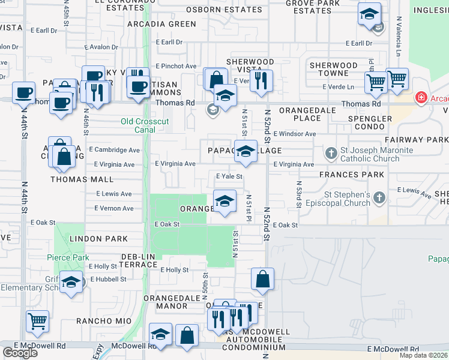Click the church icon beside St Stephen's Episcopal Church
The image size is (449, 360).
point(379,197)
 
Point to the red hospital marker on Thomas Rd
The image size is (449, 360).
point(421,98)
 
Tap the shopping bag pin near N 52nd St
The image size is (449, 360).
point(262,279)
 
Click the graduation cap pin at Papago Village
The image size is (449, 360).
point(245,152)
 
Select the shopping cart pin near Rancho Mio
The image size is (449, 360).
point(38,321)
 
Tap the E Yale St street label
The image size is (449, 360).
point(229,176)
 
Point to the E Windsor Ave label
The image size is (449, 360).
point(294,134)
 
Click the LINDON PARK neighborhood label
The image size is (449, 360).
point(98,239)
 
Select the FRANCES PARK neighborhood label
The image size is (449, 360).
point(352,175)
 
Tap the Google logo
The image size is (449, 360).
point(20,352)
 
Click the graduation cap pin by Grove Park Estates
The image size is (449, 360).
point(369,14)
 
